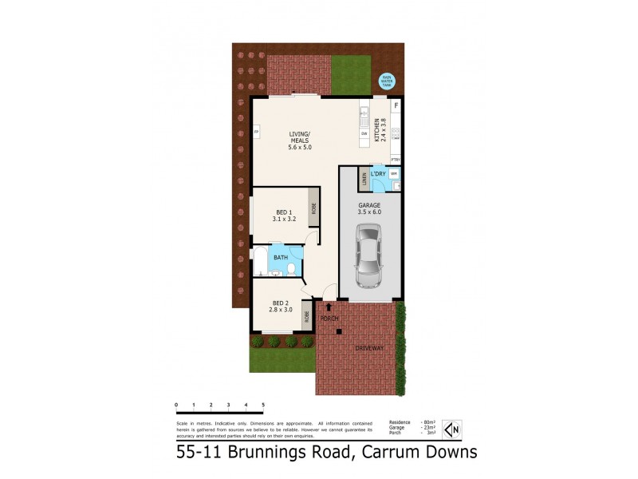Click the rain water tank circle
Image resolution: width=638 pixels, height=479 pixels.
click(x=386, y=81)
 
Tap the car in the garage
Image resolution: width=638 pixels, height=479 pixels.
click(x=368, y=255)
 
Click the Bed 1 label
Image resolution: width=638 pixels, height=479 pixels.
click(x=284, y=216)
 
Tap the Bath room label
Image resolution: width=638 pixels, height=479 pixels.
click(x=281, y=258)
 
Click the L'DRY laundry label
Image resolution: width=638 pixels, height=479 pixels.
click(x=379, y=173)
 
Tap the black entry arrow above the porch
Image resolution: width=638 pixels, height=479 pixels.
click(x=329, y=307)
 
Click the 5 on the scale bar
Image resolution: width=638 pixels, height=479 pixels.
click(x=262, y=406)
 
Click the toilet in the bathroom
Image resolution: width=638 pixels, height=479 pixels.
click(x=293, y=268)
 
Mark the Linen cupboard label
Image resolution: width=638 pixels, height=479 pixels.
click(x=364, y=177)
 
